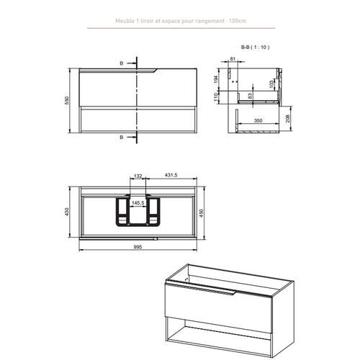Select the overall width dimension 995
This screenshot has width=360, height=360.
click(x=137, y=246)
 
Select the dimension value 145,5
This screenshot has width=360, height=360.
click(x=138, y=204)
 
